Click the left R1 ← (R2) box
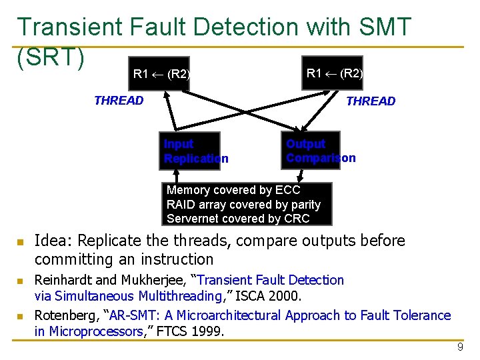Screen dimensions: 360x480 pos(161,74)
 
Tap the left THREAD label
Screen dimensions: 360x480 pos(119,101)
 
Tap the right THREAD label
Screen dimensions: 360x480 pos(371,101)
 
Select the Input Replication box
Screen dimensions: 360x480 pos(191,151)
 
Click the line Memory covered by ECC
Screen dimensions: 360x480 pos(233,190)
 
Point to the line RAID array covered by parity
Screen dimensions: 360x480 pos(243,205)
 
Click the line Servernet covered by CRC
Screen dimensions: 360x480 pos(238,219)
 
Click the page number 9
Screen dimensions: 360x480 pos(460,347)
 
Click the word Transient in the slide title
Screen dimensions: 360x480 pos(70,27)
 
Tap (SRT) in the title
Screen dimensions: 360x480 pos(51,57)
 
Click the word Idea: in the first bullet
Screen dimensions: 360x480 pos(52,241)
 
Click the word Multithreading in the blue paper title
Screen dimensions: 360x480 pos(182,296)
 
